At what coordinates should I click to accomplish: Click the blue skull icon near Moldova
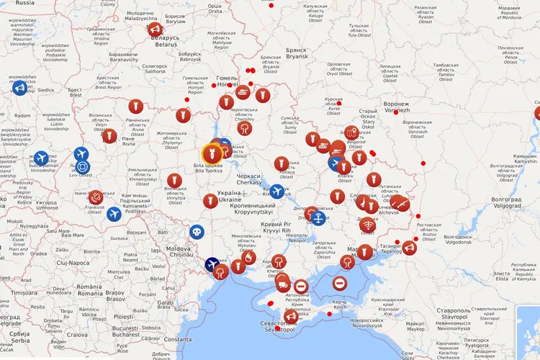coord(197,232)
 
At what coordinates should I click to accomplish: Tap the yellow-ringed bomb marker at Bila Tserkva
coord(211,153)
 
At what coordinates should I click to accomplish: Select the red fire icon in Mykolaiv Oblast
coord(248,257)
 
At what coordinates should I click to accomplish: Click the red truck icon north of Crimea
coord(282,280)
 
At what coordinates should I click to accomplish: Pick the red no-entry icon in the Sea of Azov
coord(339,284)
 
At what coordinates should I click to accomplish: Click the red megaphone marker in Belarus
coord(155,30)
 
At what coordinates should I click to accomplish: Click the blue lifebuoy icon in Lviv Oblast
coord(82,167)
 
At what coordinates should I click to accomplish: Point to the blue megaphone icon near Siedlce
coord(19,88)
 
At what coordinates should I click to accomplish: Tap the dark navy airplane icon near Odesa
coord(212,264)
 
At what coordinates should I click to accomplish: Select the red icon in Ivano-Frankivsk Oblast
coord(96,196)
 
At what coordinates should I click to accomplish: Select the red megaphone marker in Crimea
coord(291,317)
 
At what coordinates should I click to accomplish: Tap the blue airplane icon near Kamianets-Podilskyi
coord(114,214)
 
